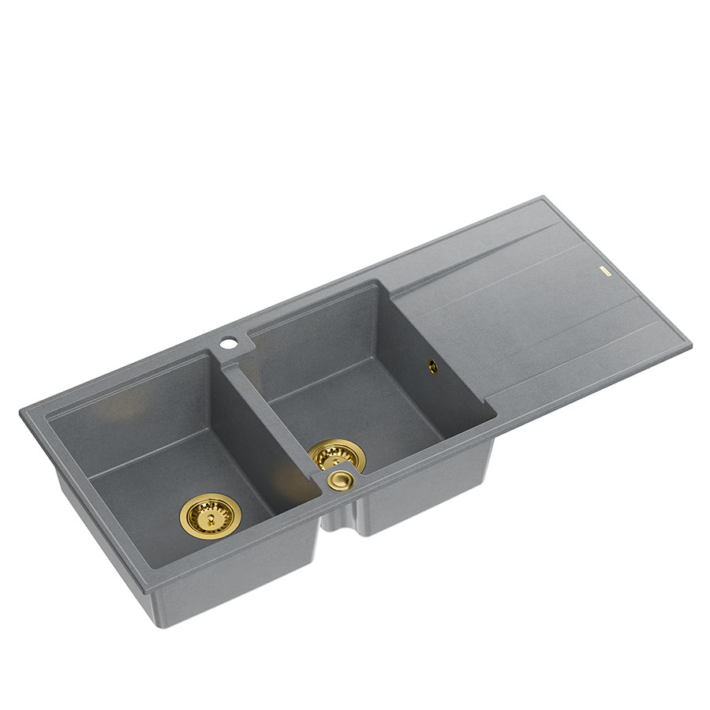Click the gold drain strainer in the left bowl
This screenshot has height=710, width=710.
pos(211,515)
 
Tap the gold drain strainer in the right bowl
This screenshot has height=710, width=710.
pos(337,455)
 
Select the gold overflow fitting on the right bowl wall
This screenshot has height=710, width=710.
pos(432,365)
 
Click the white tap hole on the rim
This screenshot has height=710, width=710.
pos(228,343)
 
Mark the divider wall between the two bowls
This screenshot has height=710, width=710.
pos(268,418)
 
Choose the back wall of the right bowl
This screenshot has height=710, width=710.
pos(316,331)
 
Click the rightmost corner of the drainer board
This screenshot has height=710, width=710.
pos(690,345)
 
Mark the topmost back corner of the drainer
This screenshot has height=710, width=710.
pos(543,197)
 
